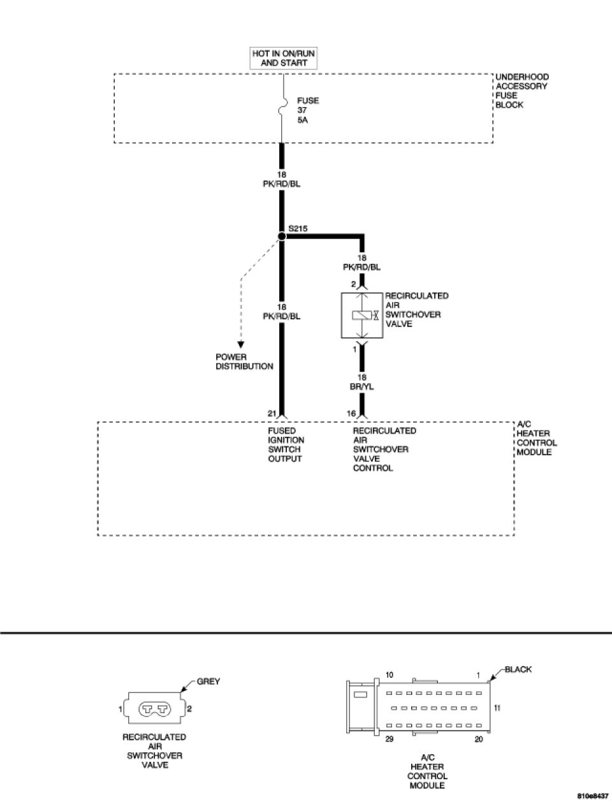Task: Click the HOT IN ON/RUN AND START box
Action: click(284, 58)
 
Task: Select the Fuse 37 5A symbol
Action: click(282, 108)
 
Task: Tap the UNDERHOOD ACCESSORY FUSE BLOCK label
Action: click(521, 91)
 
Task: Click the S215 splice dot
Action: click(282, 237)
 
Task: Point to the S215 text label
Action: click(298, 227)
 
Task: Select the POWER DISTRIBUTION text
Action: click(244, 362)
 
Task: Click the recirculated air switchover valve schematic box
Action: click(361, 316)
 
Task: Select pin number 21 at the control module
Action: click(272, 414)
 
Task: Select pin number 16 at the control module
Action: click(351, 414)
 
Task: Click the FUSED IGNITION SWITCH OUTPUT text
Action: click(285, 445)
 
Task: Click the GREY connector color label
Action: click(208, 682)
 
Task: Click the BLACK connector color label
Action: click(518, 669)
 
